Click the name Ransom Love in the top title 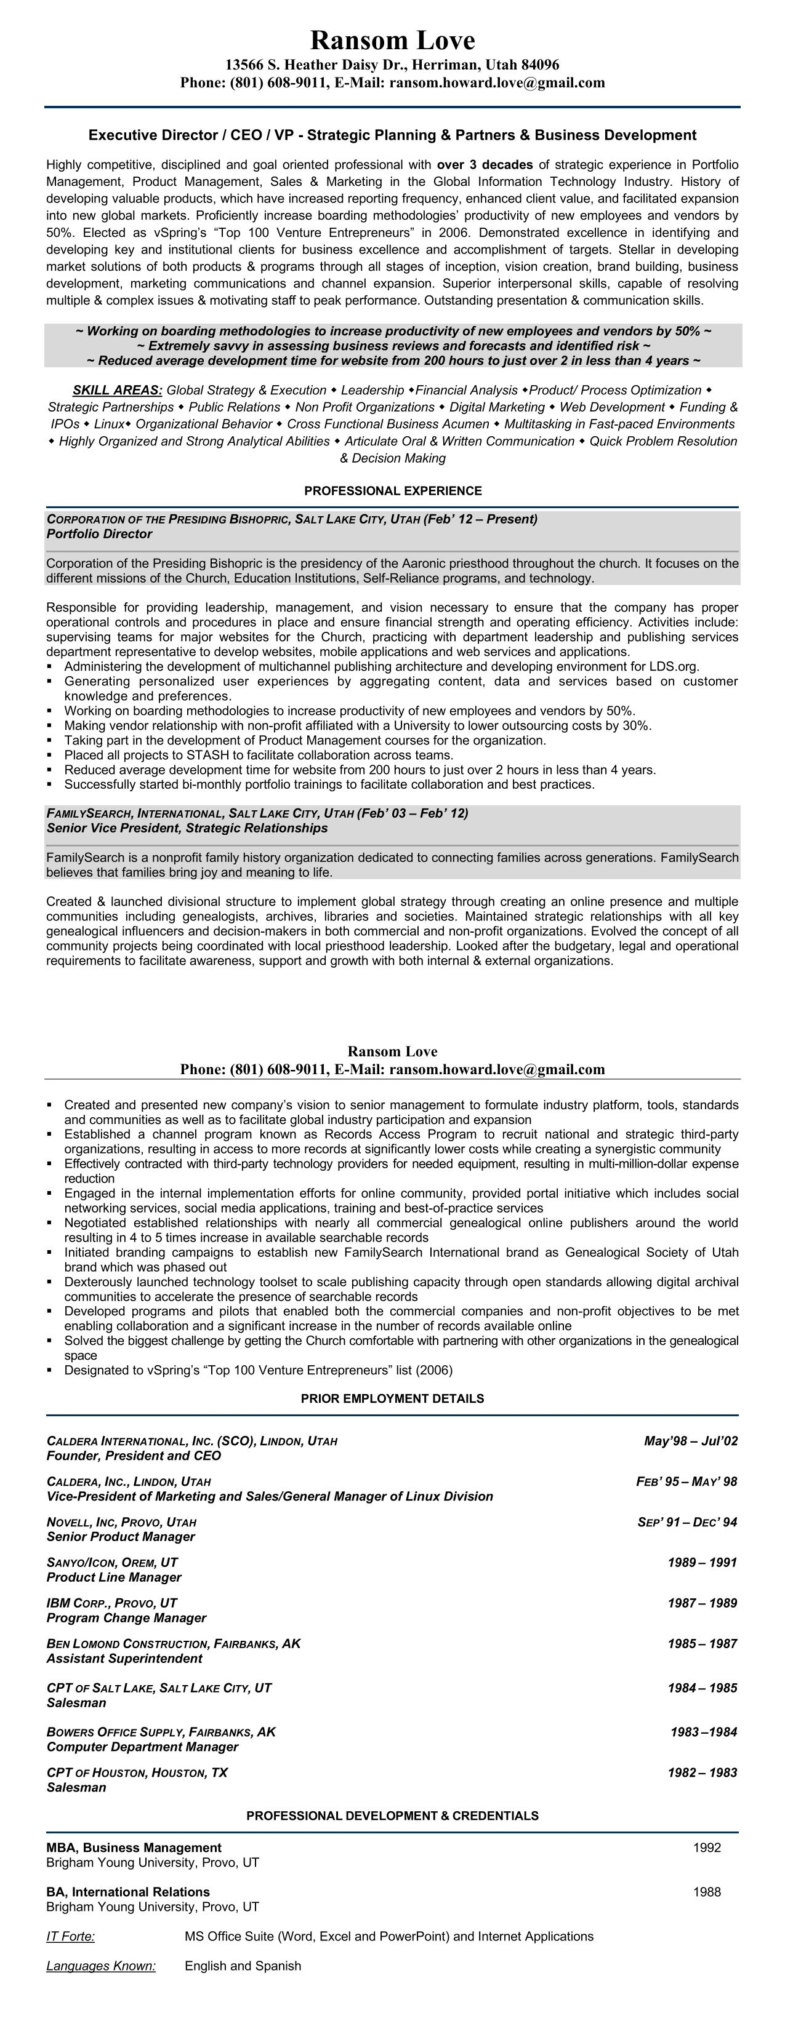point(393,40)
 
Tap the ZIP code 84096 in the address point(541,65)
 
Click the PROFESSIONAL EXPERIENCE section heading point(393,491)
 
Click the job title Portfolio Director point(99,534)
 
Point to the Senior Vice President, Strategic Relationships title point(187,828)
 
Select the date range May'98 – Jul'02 point(690,1441)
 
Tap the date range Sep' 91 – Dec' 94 point(687,1523)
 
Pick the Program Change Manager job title point(126,1618)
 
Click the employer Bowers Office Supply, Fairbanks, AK point(161,1732)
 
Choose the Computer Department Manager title point(142,1747)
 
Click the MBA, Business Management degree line point(134,1848)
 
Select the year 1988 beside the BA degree point(707,1892)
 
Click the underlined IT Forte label point(70,1936)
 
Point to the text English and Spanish point(243,1966)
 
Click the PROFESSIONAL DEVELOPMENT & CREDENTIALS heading point(393,1816)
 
